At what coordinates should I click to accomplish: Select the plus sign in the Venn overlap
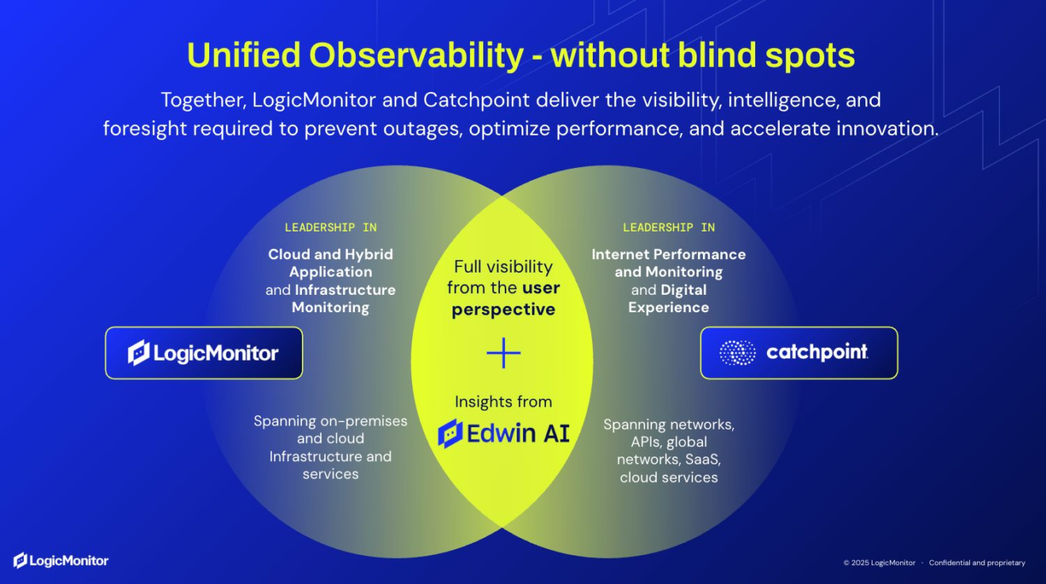(x=503, y=353)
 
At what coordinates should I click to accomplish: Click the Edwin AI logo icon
(x=450, y=433)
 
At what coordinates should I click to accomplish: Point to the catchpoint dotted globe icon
(x=737, y=353)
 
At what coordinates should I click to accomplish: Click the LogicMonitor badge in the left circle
(x=204, y=353)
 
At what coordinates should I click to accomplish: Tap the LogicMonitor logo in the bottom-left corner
(x=61, y=561)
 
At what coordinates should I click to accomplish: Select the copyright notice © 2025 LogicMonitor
(x=879, y=563)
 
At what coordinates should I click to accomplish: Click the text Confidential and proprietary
(x=977, y=563)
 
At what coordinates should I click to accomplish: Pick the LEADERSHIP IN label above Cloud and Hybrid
(x=330, y=227)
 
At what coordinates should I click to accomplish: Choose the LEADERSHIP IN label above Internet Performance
(x=669, y=227)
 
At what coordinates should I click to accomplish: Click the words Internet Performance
(x=669, y=254)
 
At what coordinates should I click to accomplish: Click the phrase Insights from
(x=503, y=402)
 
